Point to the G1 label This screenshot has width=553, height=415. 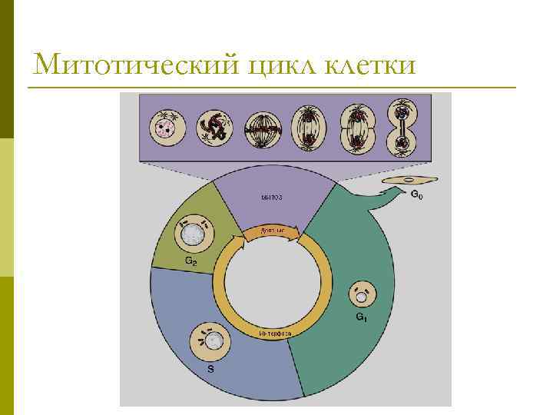point(360,316)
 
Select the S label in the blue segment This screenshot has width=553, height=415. point(211,369)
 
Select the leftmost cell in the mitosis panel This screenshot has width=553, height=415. point(164,128)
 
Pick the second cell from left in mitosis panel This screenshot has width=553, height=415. point(214,128)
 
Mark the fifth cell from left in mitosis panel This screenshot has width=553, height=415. point(355,128)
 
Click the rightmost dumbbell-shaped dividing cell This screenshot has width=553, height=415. point(400,128)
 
